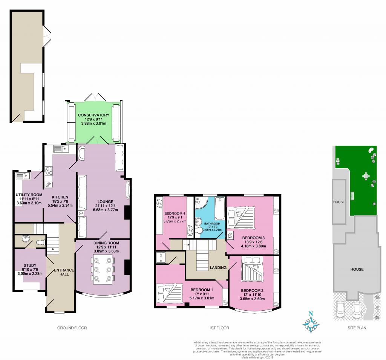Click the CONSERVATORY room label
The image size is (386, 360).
pos(93,115)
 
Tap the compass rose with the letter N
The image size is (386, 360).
pos(311,323)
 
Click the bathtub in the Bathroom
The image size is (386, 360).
pos(219,209)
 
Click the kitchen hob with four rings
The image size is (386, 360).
pos(49,171)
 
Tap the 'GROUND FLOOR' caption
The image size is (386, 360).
pos(72,328)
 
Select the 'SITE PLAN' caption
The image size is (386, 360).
pos(357,328)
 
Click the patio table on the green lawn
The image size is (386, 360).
pos(366,175)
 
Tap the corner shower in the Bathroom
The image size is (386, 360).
pos(200,204)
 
